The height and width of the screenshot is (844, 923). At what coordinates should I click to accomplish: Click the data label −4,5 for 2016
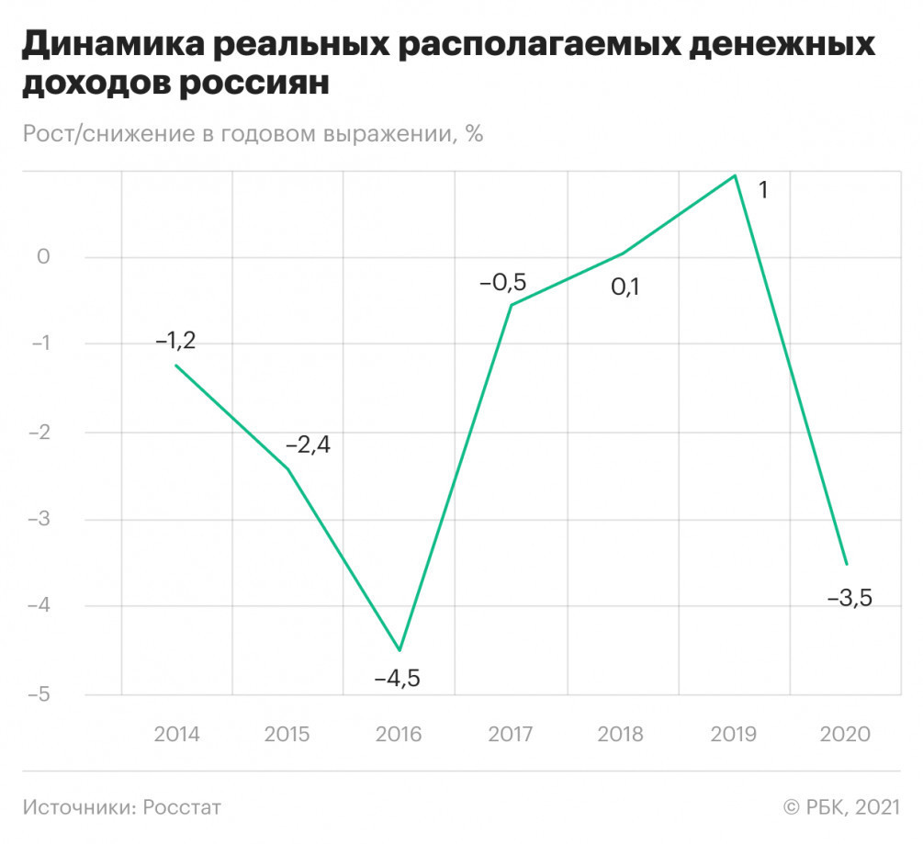[x=397, y=680]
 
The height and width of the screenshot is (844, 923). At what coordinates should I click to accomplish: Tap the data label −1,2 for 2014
[x=175, y=341]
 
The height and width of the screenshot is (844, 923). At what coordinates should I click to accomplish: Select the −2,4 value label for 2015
[x=308, y=445]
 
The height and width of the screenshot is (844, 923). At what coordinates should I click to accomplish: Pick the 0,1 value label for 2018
[x=625, y=287]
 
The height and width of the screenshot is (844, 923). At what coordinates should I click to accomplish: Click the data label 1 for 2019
[x=762, y=191]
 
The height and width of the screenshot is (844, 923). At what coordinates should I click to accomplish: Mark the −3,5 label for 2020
[x=850, y=599]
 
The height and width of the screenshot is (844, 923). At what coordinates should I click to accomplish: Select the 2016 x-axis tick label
[x=398, y=735]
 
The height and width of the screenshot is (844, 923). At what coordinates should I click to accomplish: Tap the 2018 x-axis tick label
[x=620, y=735]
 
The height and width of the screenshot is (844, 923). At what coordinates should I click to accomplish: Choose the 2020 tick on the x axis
[x=843, y=735]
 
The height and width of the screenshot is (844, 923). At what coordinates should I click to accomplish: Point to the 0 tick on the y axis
[x=42, y=256]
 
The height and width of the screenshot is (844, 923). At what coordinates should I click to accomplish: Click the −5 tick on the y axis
[x=38, y=694]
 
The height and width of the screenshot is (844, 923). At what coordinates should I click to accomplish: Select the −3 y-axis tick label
[x=38, y=519]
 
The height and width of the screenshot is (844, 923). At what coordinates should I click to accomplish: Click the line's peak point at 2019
[x=735, y=175]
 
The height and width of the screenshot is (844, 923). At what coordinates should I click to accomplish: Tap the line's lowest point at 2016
[x=400, y=650]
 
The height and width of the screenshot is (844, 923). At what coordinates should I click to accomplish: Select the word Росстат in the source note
[x=181, y=807]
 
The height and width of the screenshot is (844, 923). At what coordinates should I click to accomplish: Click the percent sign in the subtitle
[x=473, y=133]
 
